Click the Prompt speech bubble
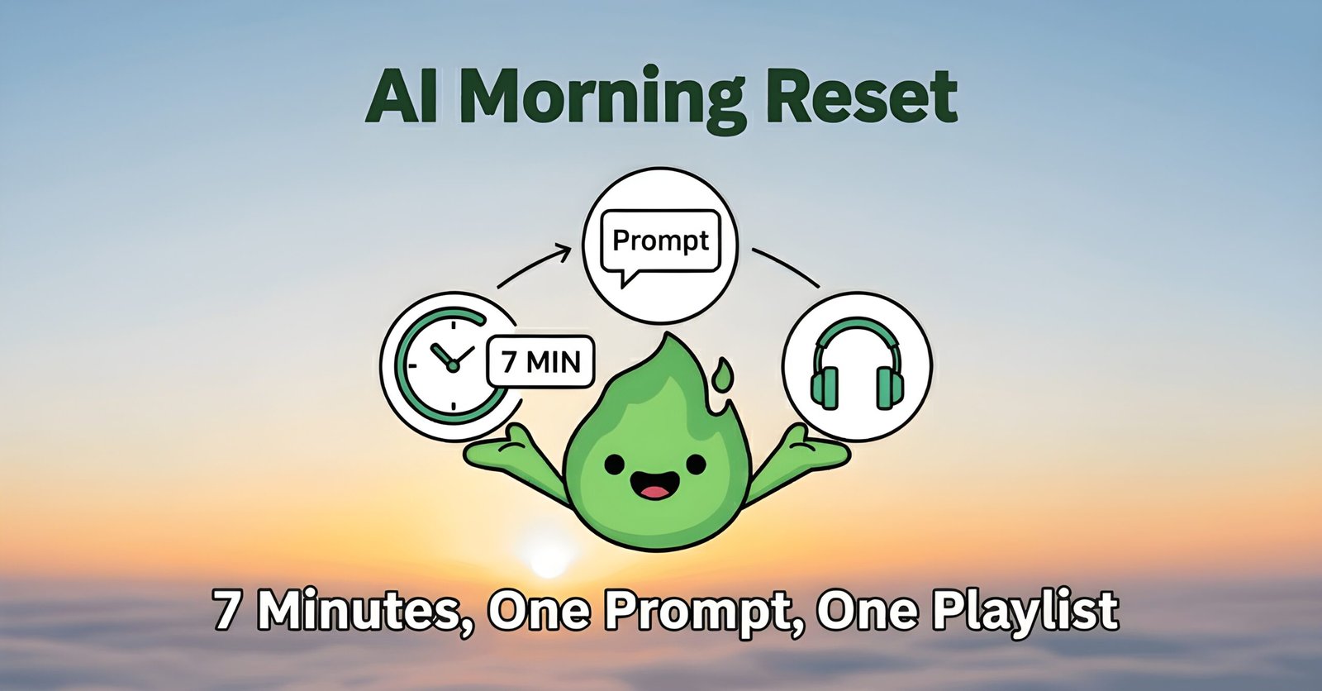coord(659,242)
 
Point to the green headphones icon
coord(857,365)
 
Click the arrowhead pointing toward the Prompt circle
coord(564,248)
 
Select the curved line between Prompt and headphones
coord(785,264)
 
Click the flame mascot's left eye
coord(613,465)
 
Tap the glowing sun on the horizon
coord(548,558)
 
